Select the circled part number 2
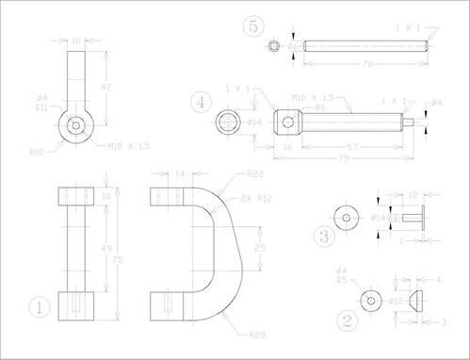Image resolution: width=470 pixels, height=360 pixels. pos(348,319)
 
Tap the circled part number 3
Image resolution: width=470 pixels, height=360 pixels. pos(324,236)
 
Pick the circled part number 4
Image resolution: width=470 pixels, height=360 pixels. pos(199,101)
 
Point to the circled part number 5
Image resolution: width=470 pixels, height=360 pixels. pos(251,25)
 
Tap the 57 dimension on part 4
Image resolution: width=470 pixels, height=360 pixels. pos(350,148)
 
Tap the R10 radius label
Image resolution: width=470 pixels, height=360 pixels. pos(37,151)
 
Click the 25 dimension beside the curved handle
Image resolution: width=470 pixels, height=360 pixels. pos(260,248)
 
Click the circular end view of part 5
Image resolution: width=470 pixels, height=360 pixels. pos(273,45)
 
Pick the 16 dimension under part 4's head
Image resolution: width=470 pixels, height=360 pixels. pos(286,148)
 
